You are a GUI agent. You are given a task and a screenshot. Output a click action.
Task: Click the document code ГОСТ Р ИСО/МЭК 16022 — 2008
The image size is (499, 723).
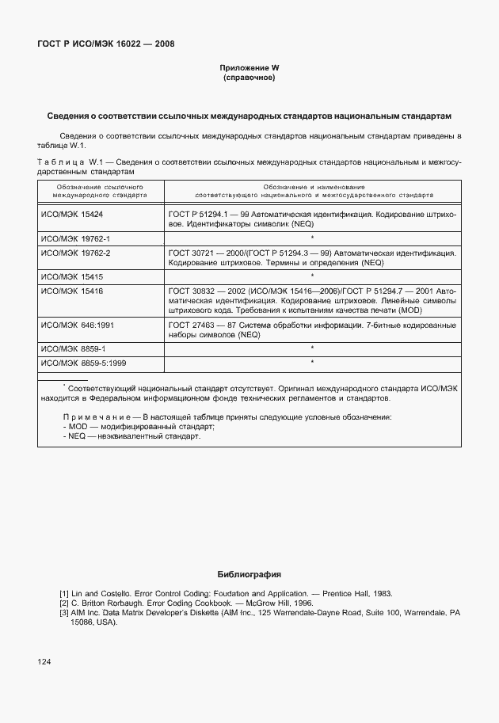click(105, 44)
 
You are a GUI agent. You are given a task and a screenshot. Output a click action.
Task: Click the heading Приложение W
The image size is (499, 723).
click(249, 69)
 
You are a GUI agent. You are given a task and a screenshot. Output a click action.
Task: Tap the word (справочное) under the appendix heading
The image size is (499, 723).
click(249, 78)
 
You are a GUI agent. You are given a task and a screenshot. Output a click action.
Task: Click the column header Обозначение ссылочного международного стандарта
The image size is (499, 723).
click(100, 190)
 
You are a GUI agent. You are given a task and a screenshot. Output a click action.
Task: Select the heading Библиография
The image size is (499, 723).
click(249, 574)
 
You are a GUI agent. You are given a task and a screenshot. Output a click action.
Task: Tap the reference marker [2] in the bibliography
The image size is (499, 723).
click(64, 603)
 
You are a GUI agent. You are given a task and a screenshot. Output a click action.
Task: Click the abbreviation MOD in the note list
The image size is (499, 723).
click(77, 426)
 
